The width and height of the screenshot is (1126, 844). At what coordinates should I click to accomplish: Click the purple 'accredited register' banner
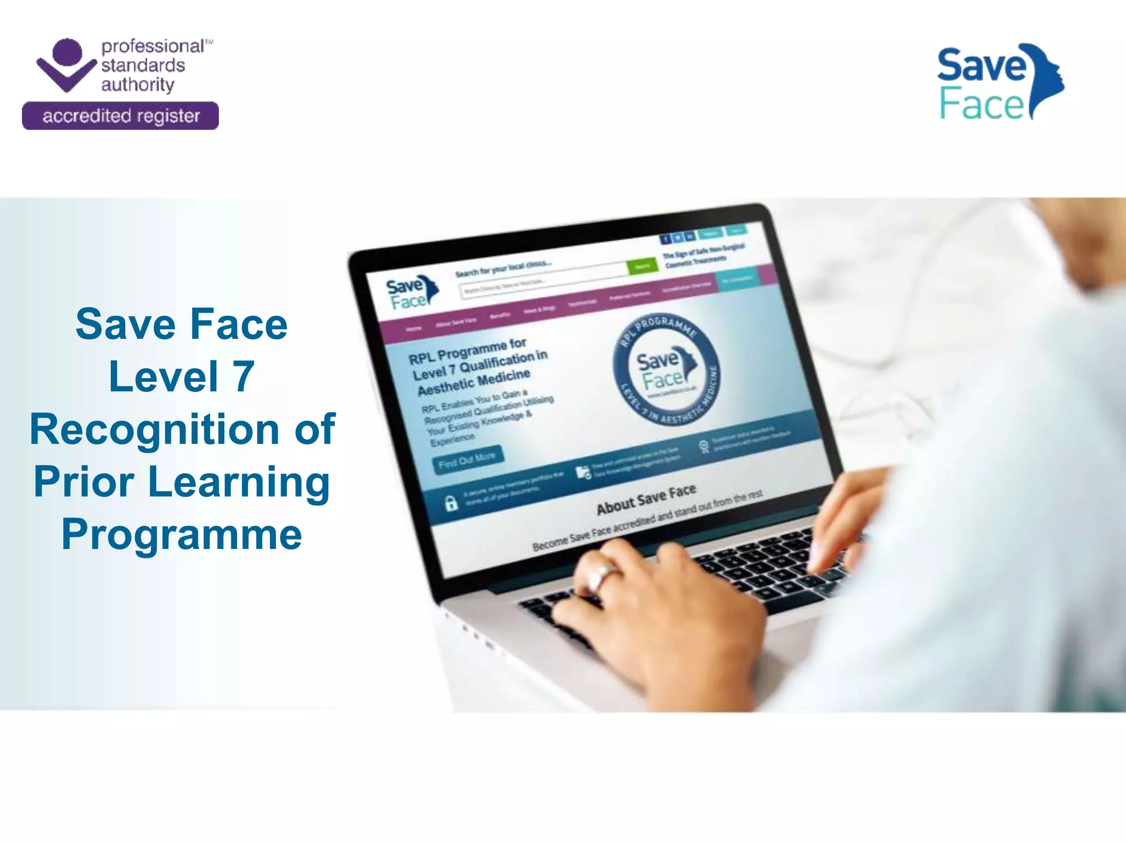point(120,116)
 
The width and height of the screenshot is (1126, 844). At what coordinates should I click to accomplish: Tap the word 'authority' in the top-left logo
point(137,85)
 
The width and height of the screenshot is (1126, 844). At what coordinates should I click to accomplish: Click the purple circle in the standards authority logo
point(67,52)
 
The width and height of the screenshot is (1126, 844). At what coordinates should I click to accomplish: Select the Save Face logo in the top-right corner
point(999,82)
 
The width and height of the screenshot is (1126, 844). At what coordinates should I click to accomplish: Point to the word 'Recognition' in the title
point(154,429)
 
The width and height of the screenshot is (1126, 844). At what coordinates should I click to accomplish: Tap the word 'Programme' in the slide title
point(181,534)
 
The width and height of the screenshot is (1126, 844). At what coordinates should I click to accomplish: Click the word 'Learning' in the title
point(239,482)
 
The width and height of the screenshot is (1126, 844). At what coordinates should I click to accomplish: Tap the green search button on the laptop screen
point(642,266)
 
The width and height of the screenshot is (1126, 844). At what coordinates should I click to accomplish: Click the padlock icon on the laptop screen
point(451,502)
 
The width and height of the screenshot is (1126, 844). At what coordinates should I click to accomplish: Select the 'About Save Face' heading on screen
point(646,499)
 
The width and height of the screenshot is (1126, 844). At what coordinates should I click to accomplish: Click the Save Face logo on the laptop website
point(411,293)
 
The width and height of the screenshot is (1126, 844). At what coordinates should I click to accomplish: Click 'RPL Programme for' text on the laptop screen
point(467,350)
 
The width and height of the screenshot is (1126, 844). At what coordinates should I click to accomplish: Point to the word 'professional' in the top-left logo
point(153,46)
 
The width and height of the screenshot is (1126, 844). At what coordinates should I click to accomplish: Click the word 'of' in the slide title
point(314,429)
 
